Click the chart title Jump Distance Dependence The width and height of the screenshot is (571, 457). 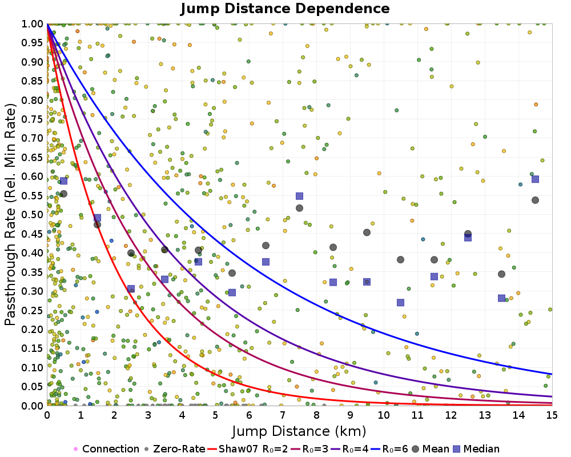[x=285, y=9]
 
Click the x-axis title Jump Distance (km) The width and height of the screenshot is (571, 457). [x=299, y=430]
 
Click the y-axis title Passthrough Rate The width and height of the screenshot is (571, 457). [x=11, y=215]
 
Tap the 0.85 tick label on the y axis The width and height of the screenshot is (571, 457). [x=32, y=81]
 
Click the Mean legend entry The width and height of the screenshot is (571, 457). [x=433, y=449]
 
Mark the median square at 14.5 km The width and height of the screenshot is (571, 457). [x=535, y=179]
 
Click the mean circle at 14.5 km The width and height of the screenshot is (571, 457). [x=535, y=200]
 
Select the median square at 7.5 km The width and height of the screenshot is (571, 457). [x=299, y=196]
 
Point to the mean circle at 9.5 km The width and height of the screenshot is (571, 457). [x=367, y=232]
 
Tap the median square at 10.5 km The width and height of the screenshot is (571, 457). [x=400, y=303]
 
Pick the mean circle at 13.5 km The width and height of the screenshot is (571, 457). [x=501, y=274]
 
